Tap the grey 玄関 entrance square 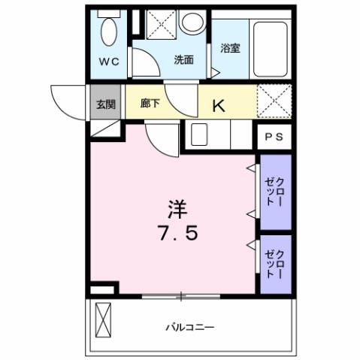105,104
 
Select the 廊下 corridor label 150,104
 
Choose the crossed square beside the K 274,101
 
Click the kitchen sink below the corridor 198,135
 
